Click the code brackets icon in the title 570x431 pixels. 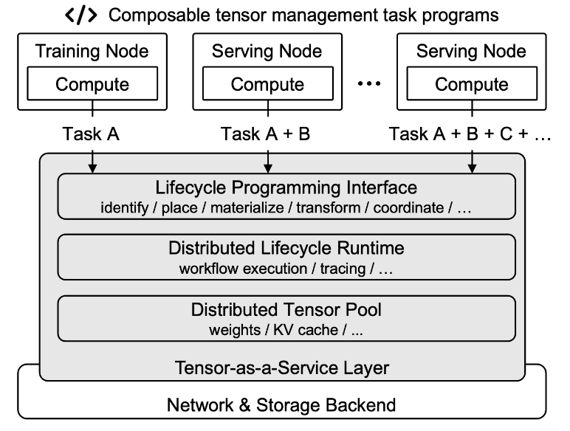[x=80, y=15]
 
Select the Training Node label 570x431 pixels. [x=92, y=51]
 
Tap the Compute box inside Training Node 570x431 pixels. [x=92, y=83]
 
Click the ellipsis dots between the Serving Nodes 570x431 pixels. [x=369, y=83]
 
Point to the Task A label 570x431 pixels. [x=91, y=134]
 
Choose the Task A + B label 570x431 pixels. [x=265, y=134]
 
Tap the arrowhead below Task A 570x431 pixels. [x=92, y=168]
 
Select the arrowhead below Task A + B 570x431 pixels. [x=268, y=168]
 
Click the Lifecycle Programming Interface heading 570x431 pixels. [x=286, y=187]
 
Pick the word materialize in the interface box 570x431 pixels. [x=247, y=208]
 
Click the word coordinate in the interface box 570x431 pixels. [x=408, y=208]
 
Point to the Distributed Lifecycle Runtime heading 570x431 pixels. [x=286, y=248]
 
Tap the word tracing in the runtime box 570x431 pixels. [x=343, y=269]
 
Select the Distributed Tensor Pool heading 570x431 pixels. [x=286, y=310]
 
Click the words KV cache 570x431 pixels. [x=306, y=330]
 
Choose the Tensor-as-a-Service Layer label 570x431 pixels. [x=282, y=368]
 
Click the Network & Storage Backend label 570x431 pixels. [x=281, y=405]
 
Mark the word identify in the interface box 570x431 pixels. [x=124, y=208]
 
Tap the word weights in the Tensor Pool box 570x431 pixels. [x=235, y=330]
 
